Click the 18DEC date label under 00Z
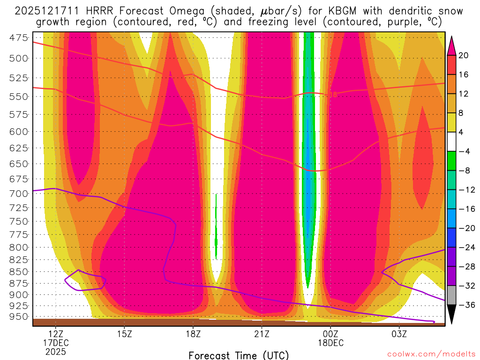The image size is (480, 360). [330, 343]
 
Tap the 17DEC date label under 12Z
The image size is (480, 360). [56, 343]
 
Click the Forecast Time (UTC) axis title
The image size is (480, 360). [239, 355]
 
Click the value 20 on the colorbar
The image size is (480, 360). [464, 55]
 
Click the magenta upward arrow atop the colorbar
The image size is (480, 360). [452, 45]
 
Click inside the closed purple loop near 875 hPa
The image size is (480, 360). [84, 280]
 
